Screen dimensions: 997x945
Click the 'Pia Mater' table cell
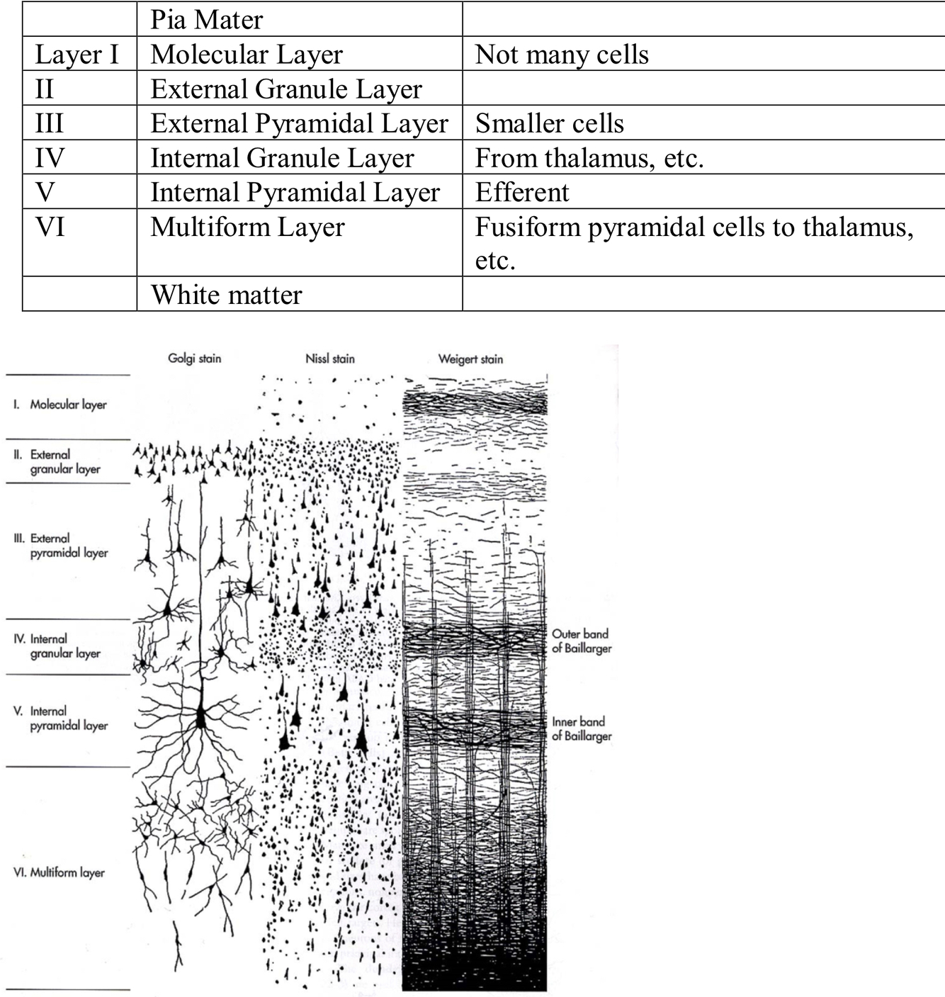207,19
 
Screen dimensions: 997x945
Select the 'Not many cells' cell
562,54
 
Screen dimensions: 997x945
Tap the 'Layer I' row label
77,54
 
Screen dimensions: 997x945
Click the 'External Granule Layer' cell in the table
286,89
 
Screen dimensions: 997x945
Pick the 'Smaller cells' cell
550,123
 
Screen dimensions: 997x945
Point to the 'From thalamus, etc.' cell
589,157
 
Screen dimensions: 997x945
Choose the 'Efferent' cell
522,192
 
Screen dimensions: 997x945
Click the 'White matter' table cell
227,294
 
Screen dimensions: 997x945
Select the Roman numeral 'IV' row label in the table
50,157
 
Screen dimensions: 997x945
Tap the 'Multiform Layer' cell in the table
248,227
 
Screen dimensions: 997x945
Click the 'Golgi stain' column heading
195,359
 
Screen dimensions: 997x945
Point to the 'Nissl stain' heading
330,359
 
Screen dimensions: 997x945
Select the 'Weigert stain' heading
470,359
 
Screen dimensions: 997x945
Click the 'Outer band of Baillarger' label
582,641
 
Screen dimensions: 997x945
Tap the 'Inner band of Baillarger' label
582,729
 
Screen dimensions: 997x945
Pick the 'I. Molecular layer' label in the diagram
61,405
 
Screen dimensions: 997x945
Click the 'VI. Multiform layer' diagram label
60,873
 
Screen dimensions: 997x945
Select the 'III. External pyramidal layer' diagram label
62,546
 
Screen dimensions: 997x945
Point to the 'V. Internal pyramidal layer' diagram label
62,718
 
